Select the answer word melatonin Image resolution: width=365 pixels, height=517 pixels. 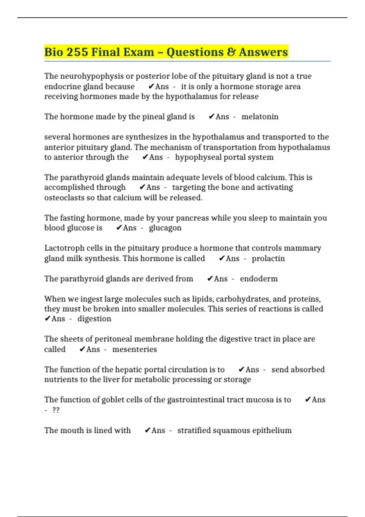tap(260, 117)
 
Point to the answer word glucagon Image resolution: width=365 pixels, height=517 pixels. tap(165, 228)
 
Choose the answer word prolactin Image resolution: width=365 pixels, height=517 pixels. tap(268, 258)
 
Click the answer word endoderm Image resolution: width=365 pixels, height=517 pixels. tap(259, 279)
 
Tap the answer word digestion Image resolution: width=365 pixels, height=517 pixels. tap(94, 319)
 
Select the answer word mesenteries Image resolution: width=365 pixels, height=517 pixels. tap(135, 349)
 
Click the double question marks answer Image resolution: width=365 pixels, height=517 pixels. tap(56, 410)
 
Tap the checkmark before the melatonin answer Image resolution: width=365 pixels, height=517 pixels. tap(211, 117)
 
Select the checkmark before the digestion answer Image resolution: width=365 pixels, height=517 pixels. tap(47, 319)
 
